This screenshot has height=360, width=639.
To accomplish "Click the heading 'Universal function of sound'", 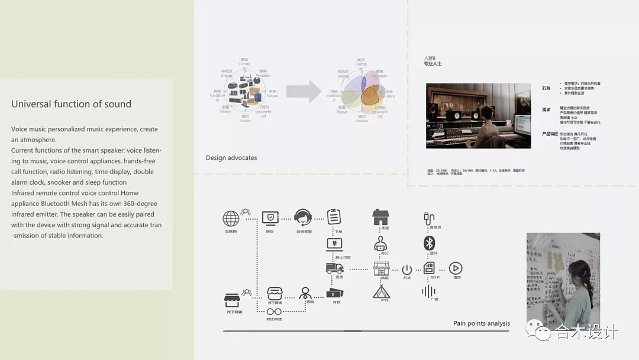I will tap(71, 104).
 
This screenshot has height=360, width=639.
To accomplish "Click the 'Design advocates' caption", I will tap(231, 158).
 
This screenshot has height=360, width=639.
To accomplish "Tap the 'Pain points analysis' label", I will tap(481, 323).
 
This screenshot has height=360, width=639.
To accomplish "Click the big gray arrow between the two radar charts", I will tap(303, 91).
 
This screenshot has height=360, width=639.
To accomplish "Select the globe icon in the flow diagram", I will tap(231, 218).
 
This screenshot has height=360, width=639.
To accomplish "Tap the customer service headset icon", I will tap(302, 218).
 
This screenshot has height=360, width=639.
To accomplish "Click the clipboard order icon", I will tap(334, 216).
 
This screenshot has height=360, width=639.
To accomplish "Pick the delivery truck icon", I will tap(334, 268).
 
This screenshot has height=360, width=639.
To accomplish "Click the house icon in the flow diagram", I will tap(380, 217).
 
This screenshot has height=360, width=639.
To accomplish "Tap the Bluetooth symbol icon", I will tap(429, 243).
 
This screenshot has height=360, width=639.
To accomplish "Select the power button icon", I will tap(406, 269).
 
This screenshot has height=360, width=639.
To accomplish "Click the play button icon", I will tap(456, 268).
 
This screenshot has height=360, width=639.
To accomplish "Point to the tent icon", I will tap(381, 292).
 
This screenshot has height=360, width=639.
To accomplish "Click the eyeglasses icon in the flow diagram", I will tap(273, 311).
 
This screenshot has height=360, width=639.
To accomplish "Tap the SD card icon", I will tap(429, 268).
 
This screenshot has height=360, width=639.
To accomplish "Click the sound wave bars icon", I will tap(428, 291).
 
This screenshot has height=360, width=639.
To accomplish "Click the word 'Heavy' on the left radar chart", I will tap(226, 111).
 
